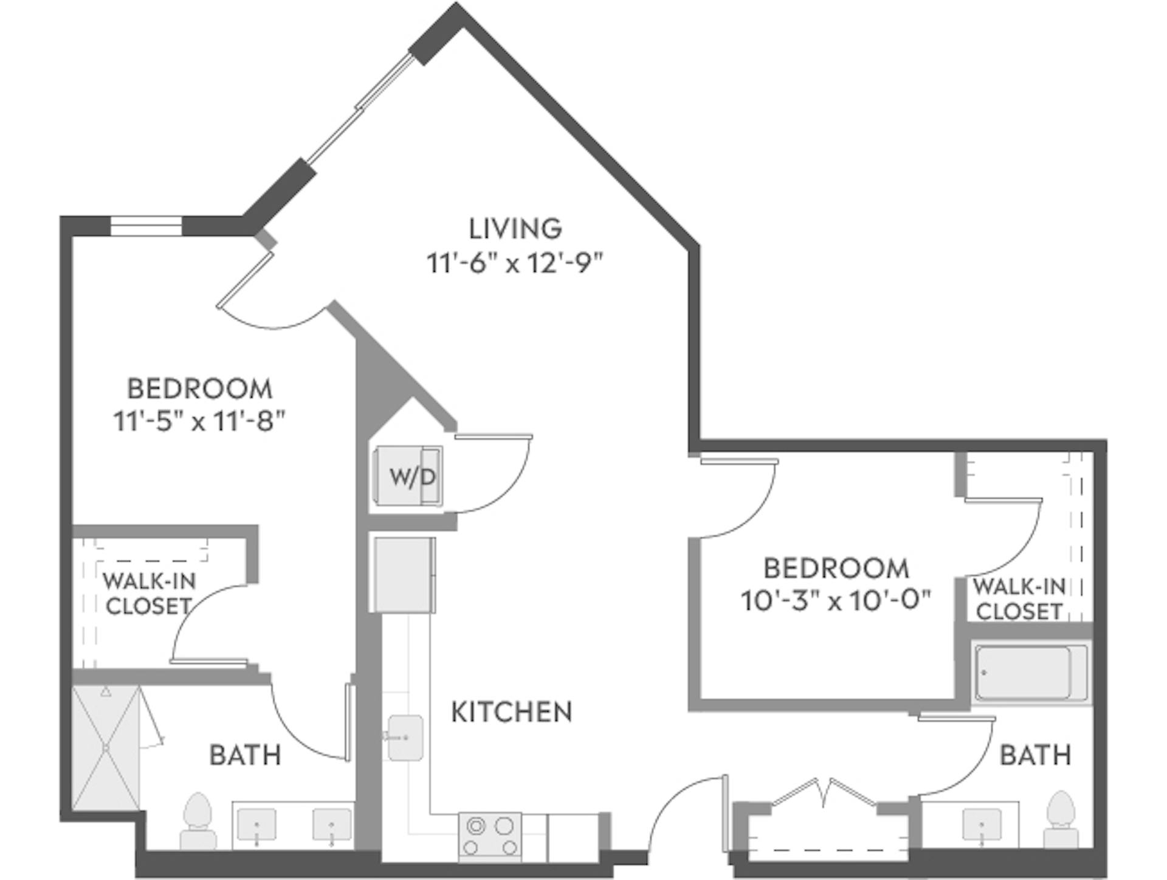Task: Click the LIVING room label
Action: (x=515, y=229)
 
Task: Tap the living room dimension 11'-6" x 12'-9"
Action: (x=515, y=263)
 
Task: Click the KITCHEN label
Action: (x=511, y=712)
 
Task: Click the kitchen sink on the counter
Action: (x=405, y=737)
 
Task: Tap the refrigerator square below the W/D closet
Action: (x=404, y=574)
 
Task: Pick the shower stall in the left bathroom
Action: (x=106, y=748)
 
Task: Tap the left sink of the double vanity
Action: (x=256, y=826)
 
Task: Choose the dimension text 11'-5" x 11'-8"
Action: (x=199, y=421)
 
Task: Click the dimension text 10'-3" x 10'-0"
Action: (x=836, y=601)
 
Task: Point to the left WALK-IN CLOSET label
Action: (x=148, y=593)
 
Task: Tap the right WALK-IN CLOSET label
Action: (x=1019, y=599)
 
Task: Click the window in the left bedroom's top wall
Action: (x=146, y=226)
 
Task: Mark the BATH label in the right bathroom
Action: (x=1035, y=755)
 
